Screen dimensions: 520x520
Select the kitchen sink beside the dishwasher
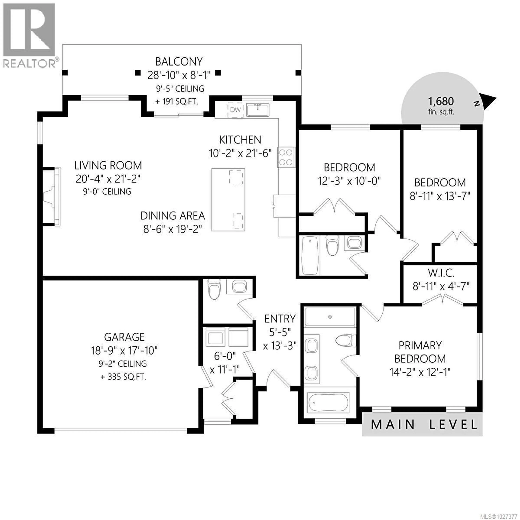click(258, 110)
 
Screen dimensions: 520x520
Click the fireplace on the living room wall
click(51, 196)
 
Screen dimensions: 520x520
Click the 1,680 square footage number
click(441, 101)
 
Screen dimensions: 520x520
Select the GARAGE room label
click(124, 337)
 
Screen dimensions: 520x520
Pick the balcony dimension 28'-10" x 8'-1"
click(178, 75)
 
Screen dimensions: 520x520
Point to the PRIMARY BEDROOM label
click(420, 352)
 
